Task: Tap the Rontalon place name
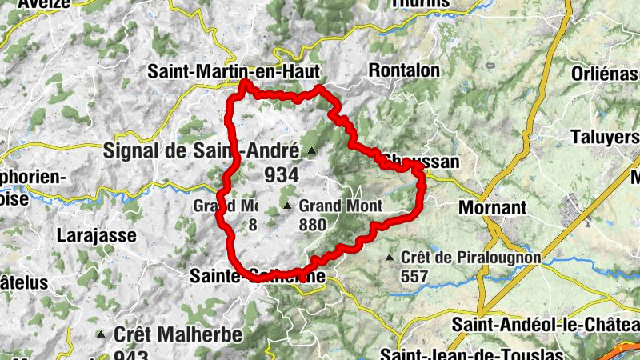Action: click(x=404, y=70)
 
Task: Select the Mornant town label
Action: click(x=493, y=208)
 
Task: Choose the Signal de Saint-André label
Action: click(x=201, y=150)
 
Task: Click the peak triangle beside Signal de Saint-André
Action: click(x=311, y=150)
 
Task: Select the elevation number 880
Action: click(x=311, y=225)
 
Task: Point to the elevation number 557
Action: click(x=415, y=276)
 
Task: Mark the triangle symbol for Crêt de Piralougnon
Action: click(x=390, y=258)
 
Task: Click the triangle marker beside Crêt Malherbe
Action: click(x=102, y=334)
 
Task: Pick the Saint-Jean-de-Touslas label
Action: click(x=472, y=354)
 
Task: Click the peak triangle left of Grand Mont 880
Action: click(x=287, y=206)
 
